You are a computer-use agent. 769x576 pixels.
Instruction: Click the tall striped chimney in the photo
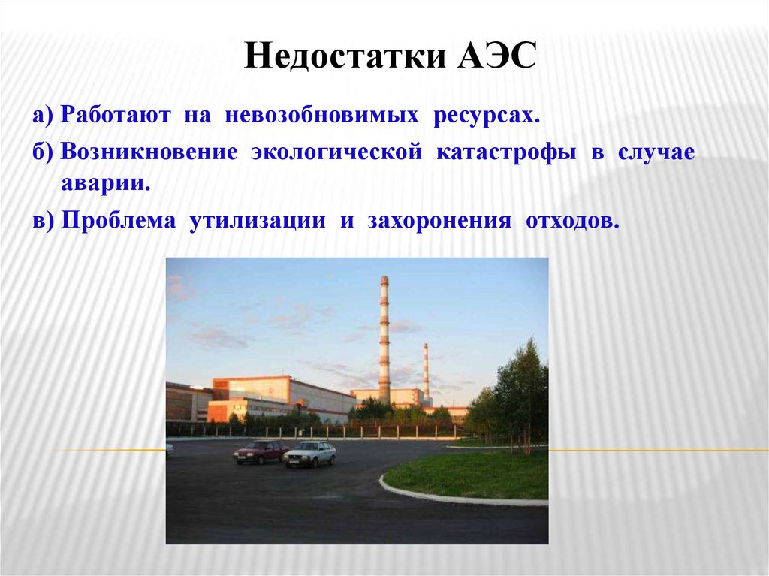pyautogui.click(x=384, y=338)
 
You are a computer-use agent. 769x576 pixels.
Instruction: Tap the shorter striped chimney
pyautogui.click(x=426, y=372)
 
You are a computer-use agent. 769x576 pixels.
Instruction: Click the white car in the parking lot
pyautogui.click(x=310, y=454)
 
